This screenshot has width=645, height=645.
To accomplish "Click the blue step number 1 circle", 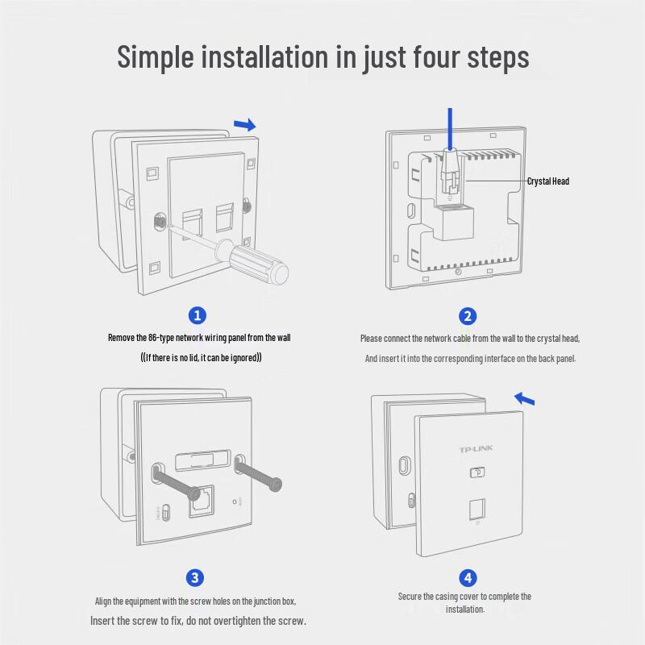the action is tap(197, 315).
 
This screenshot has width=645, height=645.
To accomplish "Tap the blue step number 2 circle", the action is tap(468, 316).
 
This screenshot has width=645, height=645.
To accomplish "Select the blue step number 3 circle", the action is tap(195, 577).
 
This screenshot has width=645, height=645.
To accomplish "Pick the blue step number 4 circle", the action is tap(468, 578).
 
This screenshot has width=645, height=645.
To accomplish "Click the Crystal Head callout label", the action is tap(548, 181).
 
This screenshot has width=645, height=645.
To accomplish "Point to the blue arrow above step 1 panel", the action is tap(245, 124).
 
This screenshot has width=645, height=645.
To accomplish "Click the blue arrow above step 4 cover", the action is tap(525, 398).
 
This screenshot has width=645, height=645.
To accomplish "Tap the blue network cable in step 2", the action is tap(450, 129).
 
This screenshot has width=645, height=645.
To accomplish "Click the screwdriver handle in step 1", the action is tap(258, 261).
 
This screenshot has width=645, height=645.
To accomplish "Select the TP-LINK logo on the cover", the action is tap(476, 449).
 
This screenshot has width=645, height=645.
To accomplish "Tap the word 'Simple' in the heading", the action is tap(156, 57).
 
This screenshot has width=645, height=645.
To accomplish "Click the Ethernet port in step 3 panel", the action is tap(202, 501).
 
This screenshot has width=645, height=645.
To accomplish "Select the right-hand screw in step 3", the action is tap(258, 472).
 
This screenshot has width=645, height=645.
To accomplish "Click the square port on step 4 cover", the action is tap(477, 510).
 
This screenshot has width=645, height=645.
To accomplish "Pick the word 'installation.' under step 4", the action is tap(465, 609).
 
